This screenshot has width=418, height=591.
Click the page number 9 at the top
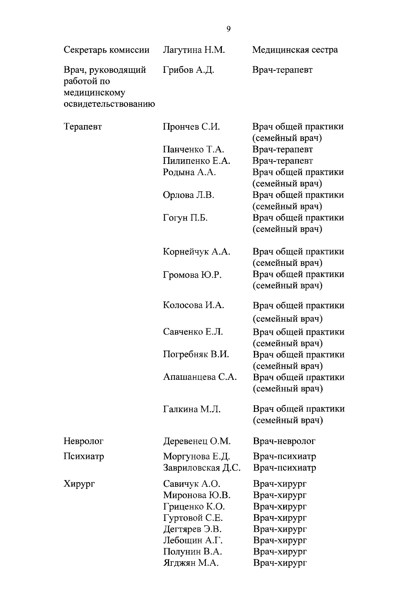(x=228, y=29)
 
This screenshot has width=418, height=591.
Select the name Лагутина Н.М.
(x=194, y=50)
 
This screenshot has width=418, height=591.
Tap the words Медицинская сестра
(x=295, y=50)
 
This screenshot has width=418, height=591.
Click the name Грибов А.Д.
(x=188, y=70)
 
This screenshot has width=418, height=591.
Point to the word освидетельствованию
(x=109, y=104)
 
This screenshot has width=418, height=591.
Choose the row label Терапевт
(x=83, y=126)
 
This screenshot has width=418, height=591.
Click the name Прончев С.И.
(x=191, y=126)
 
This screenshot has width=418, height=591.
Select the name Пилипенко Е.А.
(x=196, y=161)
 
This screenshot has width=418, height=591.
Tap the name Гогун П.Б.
(x=185, y=218)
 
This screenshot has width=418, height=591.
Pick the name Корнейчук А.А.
(x=196, y=252)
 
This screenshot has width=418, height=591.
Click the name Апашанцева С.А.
(x=200, y=377)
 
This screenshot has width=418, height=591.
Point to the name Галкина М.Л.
(x=192, y=409)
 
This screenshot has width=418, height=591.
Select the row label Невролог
(x=84, y=441)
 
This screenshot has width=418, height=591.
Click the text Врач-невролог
(x=284, y=441)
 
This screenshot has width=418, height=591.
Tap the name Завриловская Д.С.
(x=202, y=468)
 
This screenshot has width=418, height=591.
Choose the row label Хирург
(x=79, y=484)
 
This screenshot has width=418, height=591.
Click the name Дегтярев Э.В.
(x=192, y=529)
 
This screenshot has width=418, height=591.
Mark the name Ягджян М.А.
(x=191, y=563)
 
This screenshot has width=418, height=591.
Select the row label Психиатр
(x=84, y=456)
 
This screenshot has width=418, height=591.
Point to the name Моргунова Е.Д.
(x=196, y=456)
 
